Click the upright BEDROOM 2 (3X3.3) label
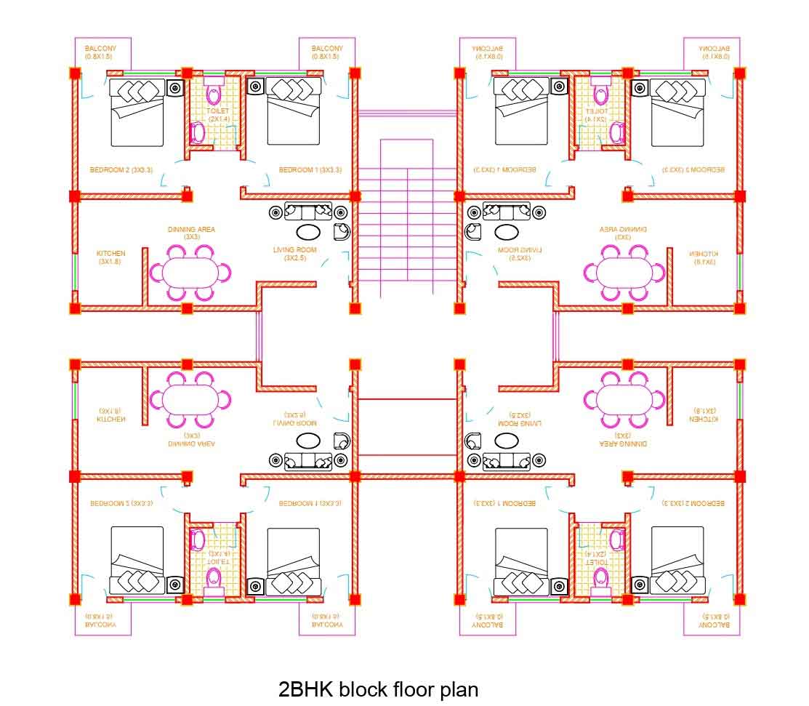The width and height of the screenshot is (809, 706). pos(121,169)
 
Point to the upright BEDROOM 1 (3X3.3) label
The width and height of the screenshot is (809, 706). pos(310,169)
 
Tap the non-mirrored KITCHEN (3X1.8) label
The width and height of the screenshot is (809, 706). pos(110,257)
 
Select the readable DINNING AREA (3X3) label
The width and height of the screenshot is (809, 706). pos(191,233)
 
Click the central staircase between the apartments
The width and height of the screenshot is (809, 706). pos(406,218)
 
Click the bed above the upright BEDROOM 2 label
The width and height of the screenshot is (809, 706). pos(137,112)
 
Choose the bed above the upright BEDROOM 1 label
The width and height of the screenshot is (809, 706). pos(294,112)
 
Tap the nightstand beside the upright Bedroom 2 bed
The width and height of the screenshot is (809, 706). pos(175,88)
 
